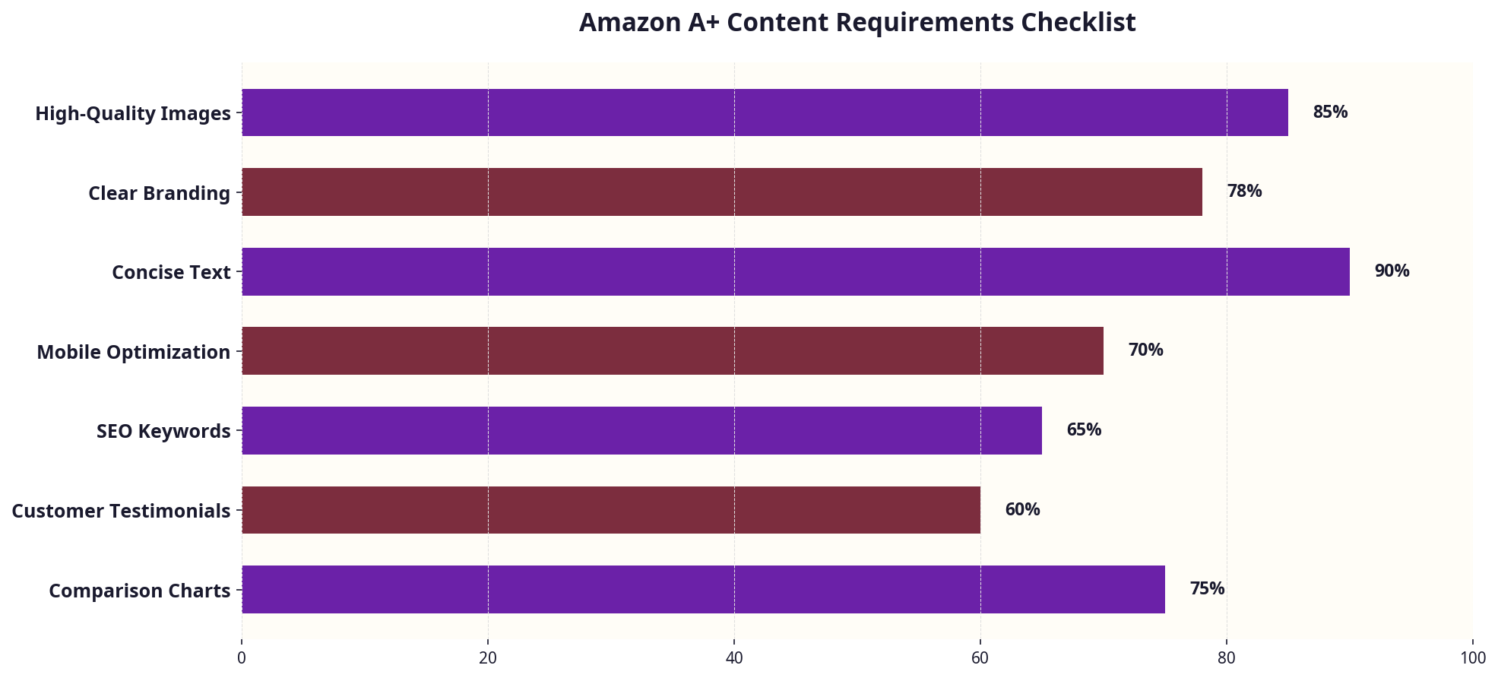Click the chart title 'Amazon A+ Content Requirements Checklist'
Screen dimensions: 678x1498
tap(857, 23)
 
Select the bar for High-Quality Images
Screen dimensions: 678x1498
tap(765, 112)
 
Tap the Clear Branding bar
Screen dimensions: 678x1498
tap(722, 192)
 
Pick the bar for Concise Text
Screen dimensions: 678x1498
tap(796, 271)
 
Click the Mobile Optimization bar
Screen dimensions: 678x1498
tap(673, 351)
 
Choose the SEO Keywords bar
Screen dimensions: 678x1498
tap(641, 430)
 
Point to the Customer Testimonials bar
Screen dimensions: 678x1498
tap(611, 510)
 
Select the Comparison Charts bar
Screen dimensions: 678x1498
tap(703, 589)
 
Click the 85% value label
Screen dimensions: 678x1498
tap(1330, 112)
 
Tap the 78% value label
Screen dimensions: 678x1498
tap(1244, 192)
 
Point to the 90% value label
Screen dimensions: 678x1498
tap(1392, 271)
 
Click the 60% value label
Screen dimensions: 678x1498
tap(1022, 510)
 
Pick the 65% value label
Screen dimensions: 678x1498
tap(1084, 430)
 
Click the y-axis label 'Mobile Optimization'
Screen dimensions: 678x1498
tap(133, 352)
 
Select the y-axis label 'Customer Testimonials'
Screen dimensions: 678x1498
tap(121, 511)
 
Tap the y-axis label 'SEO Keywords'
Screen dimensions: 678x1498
tap(163, 431)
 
